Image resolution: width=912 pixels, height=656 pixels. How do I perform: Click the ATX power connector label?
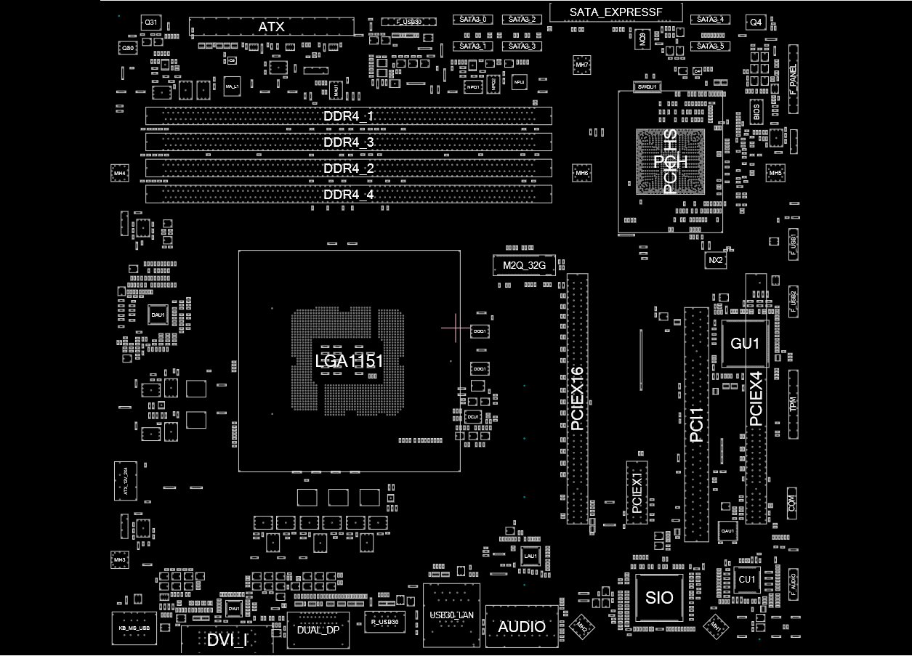click(x=272, y=28)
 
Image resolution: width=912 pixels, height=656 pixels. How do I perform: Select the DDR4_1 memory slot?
click(x=349, y=116)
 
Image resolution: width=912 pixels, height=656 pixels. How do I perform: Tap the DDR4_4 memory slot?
click(x=349, y=195)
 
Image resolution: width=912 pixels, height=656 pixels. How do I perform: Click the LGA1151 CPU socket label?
click(x=349, y=361)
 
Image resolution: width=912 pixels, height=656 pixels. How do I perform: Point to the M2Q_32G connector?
click(x=524, y=266)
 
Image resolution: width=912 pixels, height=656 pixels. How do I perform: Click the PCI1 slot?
click(x=696, y=424)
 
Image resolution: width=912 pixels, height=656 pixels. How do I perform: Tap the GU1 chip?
click(x=746, y=344)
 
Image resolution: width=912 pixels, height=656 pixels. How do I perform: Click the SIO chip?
click(x=659, y=598)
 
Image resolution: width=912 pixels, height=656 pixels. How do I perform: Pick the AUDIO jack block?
click(x=522, y=626)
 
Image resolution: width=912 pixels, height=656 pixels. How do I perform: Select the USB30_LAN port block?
click(x=452, y=615)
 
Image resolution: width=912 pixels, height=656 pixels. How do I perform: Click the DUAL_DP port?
click(x=318, y=630)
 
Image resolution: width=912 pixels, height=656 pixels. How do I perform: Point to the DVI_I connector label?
click(x=227, y=640)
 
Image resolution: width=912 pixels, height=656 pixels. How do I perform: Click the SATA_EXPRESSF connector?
click(x=616, y=12)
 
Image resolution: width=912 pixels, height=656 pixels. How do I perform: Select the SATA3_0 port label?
click(x=473, y=20)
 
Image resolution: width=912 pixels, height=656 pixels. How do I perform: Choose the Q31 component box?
click(x=150, y=23)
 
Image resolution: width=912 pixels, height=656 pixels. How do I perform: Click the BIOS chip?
click(x=756, y=112)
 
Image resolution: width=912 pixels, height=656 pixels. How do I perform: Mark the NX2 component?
click(x=716, y=260)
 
